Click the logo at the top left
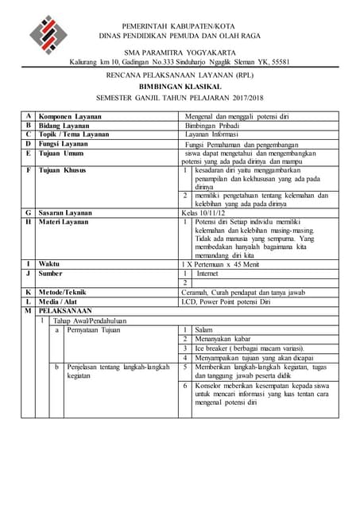pyautogui.click(x=48, y=34)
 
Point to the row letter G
pyautogui.click(x=29, y=212)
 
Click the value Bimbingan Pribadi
pyautogui.click(x=212, y=126)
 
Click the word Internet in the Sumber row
pyautogui.click(x=207, y=273)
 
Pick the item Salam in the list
pyautogui.click(x=203, y=329)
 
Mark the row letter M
pyautogui.click(x=29, y=311)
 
